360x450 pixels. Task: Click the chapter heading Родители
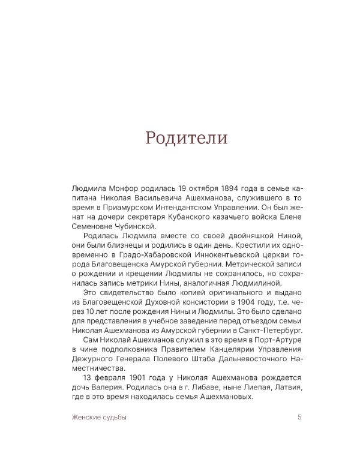click(x=186, y=137)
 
